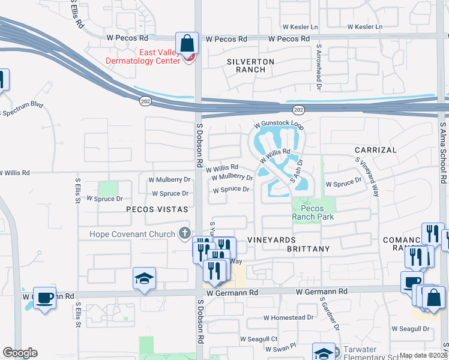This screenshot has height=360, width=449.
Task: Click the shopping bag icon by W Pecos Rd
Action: click(x=187, y=44)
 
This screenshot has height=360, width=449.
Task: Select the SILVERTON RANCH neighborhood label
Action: click(x=250, y=65)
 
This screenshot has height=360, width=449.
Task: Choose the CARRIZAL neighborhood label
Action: click(x=376, y=149)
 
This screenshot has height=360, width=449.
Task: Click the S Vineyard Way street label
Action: click(x=367, y=177)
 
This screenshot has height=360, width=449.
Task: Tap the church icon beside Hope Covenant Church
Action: click(x=185, y=233)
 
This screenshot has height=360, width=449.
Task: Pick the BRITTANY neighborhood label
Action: click(x=308, y=248)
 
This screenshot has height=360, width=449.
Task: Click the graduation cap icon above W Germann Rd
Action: click(x=144, y=279)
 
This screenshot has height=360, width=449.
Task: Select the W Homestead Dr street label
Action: click(x=289, y=317)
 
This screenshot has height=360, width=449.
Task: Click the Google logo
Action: click(x=19, y=353)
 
